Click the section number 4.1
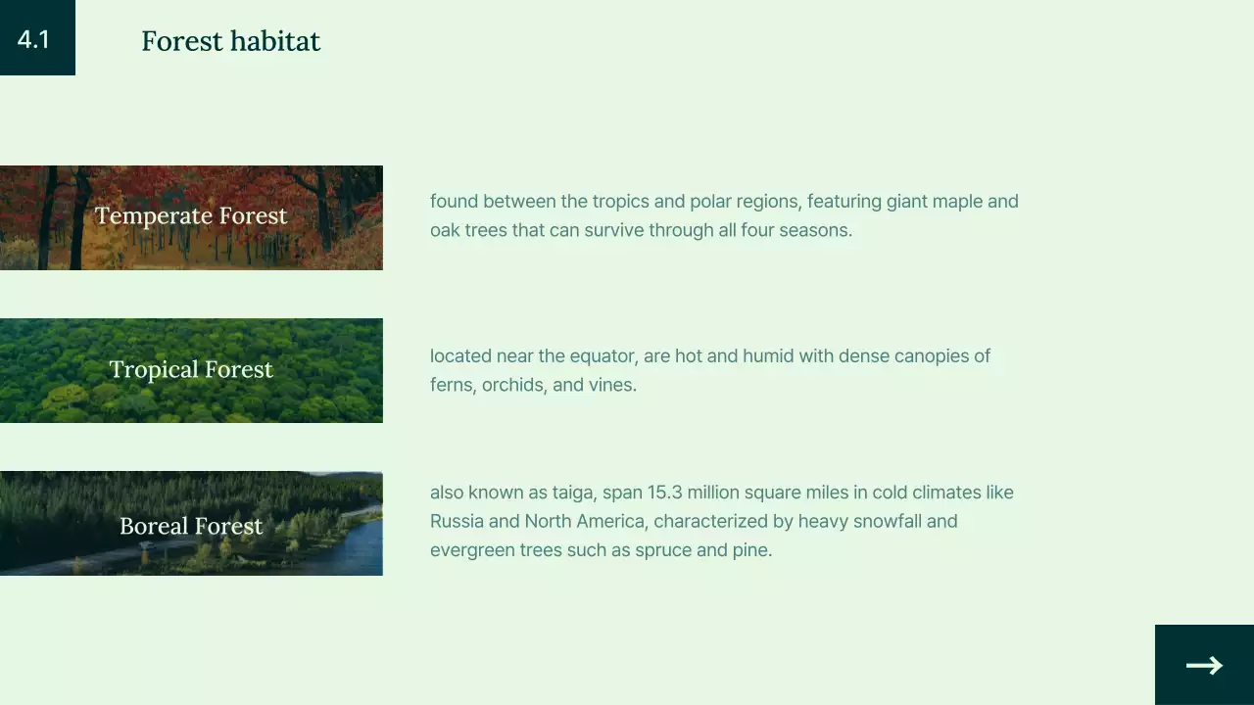pyautogui.click(x=33, y=39)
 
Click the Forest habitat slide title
pyautogui.click(x=230, y=41)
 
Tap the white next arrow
pyautogui.click(x=1204, y=666)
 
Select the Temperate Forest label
pyautogui.click(x=191, y=216)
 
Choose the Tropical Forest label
pyautogui.click(x=191, y=370)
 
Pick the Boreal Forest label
pyautogui.click(x=191, y=527)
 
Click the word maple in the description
pyautogui.click(x=956, y=202)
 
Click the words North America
pyautogui.click(x=584, y=521)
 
